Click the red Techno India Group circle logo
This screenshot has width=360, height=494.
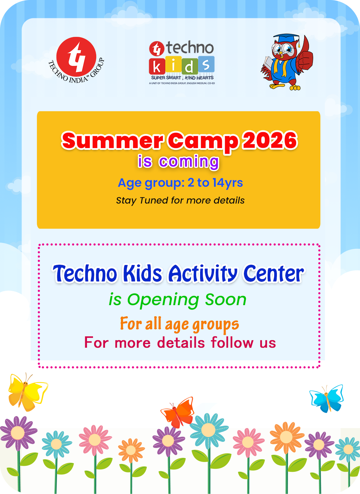76,57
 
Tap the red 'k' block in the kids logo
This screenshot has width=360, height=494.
157,66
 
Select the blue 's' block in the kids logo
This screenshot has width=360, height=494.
206,64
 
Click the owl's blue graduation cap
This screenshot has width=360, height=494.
286,39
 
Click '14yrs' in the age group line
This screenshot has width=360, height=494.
228,183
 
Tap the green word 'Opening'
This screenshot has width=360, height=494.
163,300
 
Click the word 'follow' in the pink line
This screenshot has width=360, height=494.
232,343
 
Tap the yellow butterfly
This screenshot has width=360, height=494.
27,392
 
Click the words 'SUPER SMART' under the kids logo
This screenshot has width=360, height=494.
166,78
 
